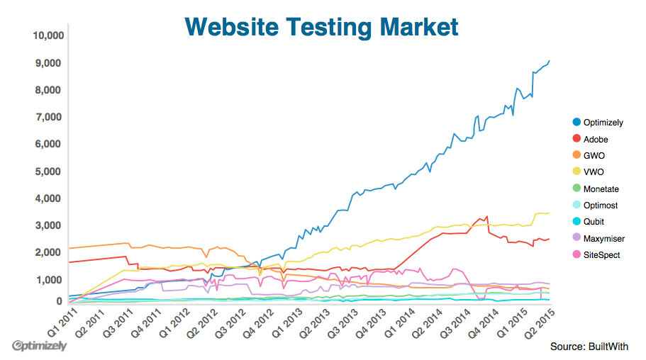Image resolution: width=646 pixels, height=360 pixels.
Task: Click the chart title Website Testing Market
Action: click(321, 27)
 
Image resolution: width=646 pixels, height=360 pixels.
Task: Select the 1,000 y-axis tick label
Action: click(52, 280)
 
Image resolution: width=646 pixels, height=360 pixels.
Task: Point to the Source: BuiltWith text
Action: click(589, 347)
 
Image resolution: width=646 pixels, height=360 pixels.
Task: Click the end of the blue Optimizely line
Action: click(550, 61)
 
